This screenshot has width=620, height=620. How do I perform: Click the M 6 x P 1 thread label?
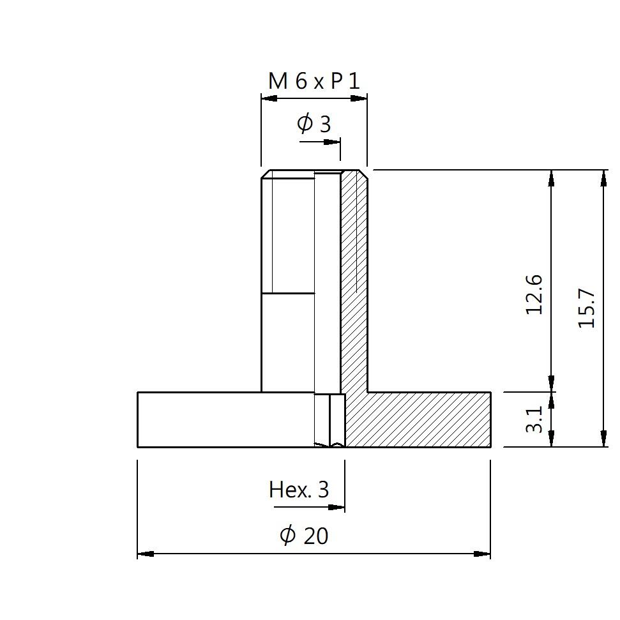pyautogui.click(x=314, y=81)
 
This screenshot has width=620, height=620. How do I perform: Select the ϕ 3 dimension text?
pyautogui.click(x=314, y=123)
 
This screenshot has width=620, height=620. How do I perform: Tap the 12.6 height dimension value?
pyautogui.click(x=534, y=294)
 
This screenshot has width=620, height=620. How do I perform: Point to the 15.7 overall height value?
pyautogui.click(x=586, y=308)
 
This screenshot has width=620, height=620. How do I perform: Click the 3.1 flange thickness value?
pyautogui.click(x=534, y=419)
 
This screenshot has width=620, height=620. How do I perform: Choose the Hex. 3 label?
pyautogui.click(x=299, y=490)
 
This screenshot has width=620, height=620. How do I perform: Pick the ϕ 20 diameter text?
pyautogui.click(x=304, y=535)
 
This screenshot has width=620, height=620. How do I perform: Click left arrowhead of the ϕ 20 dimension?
pyautogui.click(x=146, y=554)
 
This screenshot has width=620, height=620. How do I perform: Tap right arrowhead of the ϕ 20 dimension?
pyautogui.click(x=482, y=554)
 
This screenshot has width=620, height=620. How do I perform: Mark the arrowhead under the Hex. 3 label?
pyautogui.click(x=336, y=508)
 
